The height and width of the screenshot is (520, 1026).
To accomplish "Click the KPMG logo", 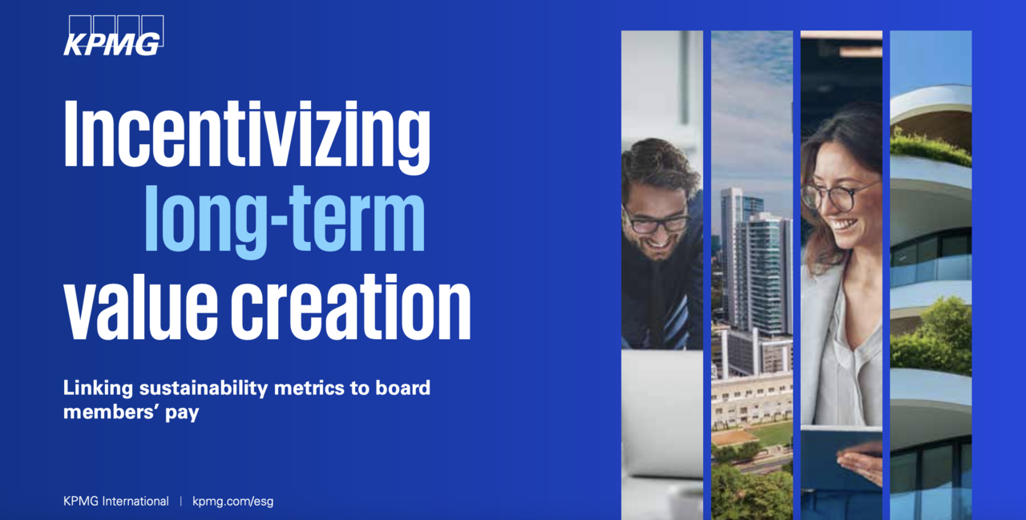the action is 113,36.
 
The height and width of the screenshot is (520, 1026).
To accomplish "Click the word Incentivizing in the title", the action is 247,136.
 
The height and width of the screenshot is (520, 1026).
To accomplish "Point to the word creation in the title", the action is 351,308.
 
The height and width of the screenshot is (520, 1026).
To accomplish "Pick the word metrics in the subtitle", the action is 309,388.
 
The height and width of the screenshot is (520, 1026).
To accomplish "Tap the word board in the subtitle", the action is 403,388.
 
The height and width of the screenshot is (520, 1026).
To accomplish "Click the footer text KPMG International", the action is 116,502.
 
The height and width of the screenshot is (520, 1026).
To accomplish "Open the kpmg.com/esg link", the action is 232,502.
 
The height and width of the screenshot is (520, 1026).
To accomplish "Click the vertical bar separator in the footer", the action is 181,502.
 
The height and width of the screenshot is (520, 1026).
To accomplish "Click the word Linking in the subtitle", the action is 98,388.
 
